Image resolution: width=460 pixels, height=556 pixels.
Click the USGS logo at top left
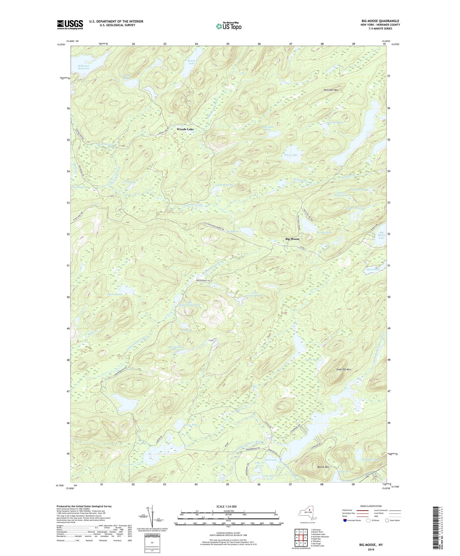(x=70, y=25)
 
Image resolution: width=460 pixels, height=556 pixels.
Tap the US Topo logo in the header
(x=228, y=26)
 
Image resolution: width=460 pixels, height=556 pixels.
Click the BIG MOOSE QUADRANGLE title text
(x=380, y=21)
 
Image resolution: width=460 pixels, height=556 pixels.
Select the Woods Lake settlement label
(x=185, y=129)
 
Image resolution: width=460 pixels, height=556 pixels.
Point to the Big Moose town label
(x=292, y=239)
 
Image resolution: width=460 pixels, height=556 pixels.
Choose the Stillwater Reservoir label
(x=83, y=67)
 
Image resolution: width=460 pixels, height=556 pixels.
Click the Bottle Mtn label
(x=323, y=467)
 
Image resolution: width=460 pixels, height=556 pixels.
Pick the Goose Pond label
(x=312, y=359)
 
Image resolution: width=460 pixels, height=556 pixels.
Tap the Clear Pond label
(x=191, y=425)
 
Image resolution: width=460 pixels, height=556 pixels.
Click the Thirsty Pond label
(x=324, y=232)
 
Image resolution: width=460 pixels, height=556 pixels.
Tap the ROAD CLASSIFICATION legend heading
(x=371, y=506)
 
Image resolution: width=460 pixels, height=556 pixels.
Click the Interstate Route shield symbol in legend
(x=345, y=520)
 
